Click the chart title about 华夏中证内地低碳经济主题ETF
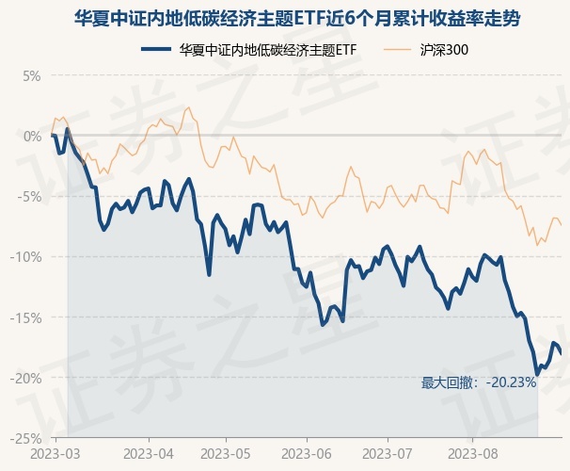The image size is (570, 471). click(284, 18)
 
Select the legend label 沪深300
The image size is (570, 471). click(441, 49)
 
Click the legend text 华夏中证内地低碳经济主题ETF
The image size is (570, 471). click(268, 49)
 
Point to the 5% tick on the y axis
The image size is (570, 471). click(32, 75)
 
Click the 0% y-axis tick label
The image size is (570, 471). click(32, 136)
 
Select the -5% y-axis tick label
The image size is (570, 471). click(29, 197)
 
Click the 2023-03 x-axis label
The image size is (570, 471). click(56, 453)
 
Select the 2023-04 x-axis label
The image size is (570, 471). click(150, 453)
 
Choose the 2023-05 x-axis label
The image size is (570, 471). click(230, 453)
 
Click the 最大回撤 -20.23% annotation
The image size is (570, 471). click(478, 382)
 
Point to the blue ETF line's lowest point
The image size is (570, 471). click(537, 374)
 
